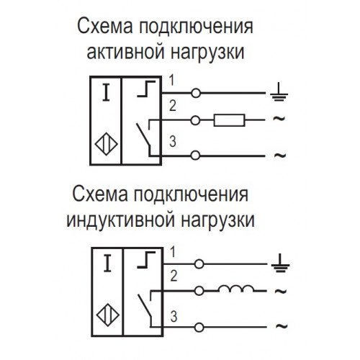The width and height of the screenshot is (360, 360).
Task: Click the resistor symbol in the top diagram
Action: click(229, 120)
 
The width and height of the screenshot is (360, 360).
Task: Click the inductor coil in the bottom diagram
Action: click(236, 289)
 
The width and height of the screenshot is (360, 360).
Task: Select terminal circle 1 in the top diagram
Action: click(196, 93)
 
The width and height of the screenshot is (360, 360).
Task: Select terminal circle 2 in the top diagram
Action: click(195, 120)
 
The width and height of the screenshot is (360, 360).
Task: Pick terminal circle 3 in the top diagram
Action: click(195, 156)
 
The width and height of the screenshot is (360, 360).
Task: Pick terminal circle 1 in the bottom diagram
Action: click(199, 264)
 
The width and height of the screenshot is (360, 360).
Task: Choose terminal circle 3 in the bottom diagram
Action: click(199, 328)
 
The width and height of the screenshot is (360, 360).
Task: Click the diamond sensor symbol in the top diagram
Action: click(106, 144)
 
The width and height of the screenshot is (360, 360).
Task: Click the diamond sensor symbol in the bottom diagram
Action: click(108, 315)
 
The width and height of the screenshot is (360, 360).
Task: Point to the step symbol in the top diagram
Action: click(146, 89)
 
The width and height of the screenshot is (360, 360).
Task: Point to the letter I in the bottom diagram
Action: click(107, 264)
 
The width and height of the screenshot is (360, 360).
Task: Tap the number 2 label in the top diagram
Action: click(173, 106)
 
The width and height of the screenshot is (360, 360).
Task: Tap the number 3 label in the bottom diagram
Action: click(174, 316)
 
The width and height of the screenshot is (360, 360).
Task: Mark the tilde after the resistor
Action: click(279, 118)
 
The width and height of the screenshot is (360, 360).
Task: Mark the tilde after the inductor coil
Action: click(281, 291)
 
